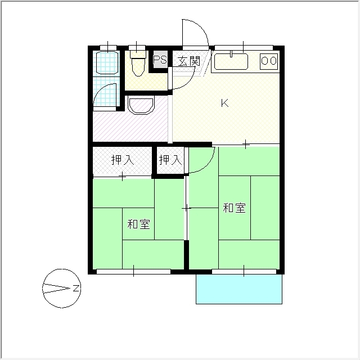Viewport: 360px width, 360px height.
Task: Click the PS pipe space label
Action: pos(160,60)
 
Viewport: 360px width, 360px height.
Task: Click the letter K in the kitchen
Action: pos(224,103)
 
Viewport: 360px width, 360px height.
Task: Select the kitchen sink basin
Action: pos(231,61)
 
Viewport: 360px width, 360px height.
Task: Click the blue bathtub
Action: pos(106,64)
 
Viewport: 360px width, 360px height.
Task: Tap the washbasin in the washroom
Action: pos(141,105)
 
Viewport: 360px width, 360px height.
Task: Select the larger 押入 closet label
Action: pos(122,160)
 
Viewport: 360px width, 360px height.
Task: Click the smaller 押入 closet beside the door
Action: pos(170,160)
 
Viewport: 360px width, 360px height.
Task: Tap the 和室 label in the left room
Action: pos(138,224)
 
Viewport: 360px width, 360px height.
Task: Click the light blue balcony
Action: pos(238,289)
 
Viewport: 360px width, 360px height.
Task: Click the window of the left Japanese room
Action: pos(133,272)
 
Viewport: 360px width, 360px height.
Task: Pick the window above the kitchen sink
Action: pos(243,47)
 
